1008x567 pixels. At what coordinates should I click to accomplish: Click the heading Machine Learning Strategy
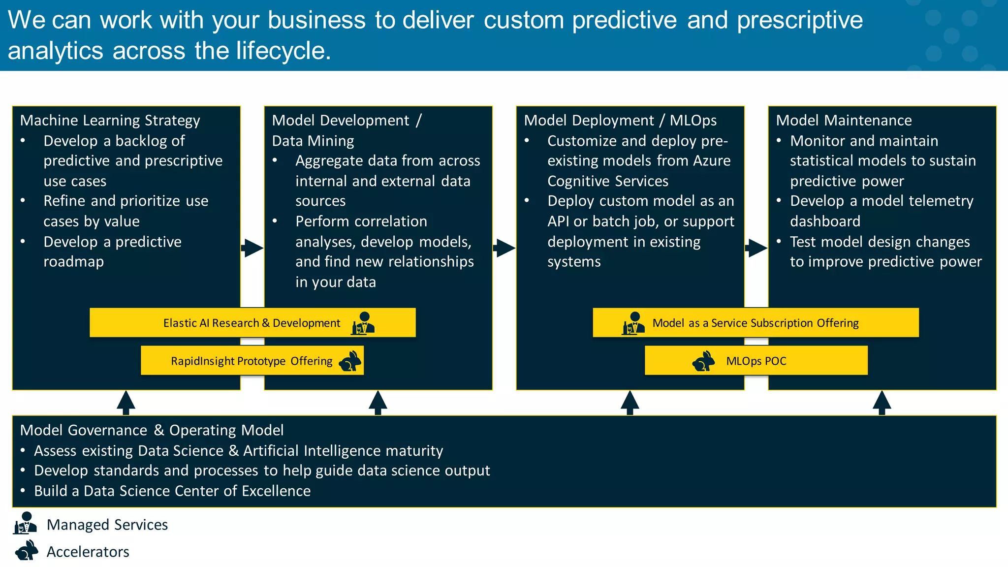coord(110,121)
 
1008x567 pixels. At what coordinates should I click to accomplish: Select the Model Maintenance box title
coord(844,121)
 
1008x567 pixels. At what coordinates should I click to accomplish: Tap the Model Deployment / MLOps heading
coord(620,121)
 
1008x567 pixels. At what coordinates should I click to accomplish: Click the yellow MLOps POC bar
coord(756,361)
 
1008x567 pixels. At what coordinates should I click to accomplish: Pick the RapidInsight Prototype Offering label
coord(252,361)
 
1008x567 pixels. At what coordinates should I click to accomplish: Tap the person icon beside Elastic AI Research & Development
coord(363,323)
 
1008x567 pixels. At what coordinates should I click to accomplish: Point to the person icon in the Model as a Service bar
coord(633,323)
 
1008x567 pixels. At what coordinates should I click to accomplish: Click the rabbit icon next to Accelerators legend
coord(27,551)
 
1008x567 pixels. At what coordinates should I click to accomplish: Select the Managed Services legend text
coord(107,525)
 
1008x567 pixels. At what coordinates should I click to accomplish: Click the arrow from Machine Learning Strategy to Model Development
coord(252,248)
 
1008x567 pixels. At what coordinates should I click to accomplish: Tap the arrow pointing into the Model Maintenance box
coord(756,248)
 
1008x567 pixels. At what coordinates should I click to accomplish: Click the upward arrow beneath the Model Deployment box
coord(630,402)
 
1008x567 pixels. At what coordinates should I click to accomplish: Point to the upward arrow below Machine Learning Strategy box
coord(126,402)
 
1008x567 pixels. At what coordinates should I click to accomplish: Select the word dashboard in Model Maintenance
coord(825,221)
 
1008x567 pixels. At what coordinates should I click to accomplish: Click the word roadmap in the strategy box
coord(74,262)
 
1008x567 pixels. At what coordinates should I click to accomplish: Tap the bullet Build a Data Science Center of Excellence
coord(172,491)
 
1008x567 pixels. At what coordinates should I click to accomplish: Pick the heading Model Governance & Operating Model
coord(152,430)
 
